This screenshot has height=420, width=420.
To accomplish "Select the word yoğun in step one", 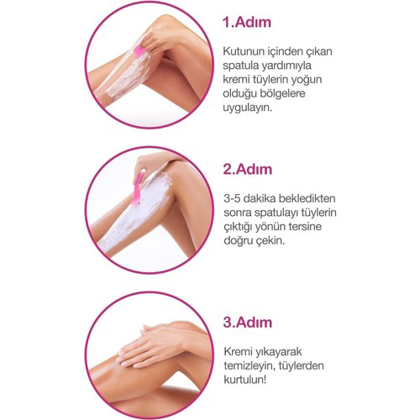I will pos(328,80).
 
